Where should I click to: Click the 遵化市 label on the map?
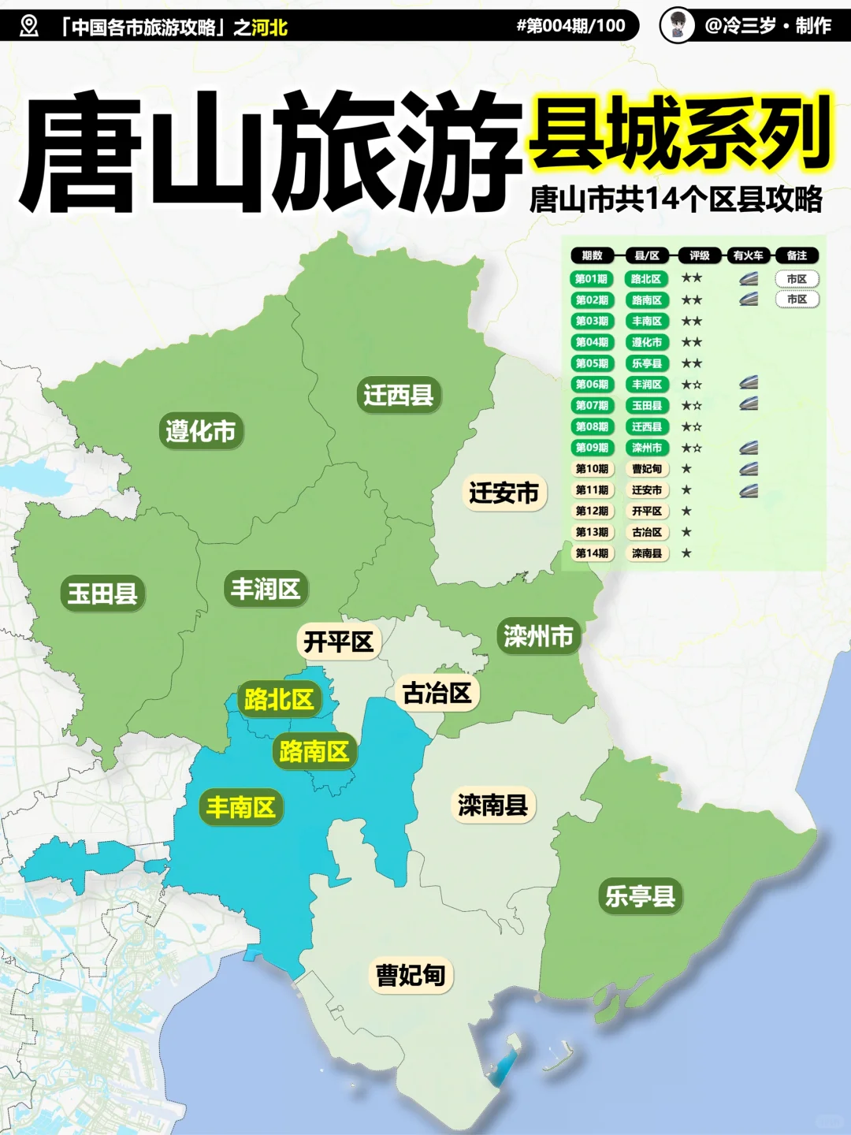click(x=200, y=431)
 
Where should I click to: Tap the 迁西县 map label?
click(x=398, y=395)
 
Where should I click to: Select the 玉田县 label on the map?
click(x=102, y=594)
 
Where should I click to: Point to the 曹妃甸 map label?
click(x=411, y=975)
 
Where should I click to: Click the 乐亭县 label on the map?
click(x=640, y=896)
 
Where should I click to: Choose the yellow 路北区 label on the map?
click(x=279, y=699)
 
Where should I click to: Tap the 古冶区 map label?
click(x=437, y=694)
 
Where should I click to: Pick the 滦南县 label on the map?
click(x=492, y=805)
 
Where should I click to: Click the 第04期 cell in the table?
click(x=592, y=342)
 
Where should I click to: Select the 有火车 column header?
click(x=748, y=255)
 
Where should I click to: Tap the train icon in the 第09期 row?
click(x=749, y=448)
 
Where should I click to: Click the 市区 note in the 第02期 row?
click(x=797, y=300)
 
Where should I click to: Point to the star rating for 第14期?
click(x=686, y=553)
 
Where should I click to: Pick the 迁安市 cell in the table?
click(x=646, y=490)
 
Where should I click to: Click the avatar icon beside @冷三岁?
click(x=677, y=26)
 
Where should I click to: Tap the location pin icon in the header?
click(x=29, y=26)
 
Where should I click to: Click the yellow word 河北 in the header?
click(x=269, y=28)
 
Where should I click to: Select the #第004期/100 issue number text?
click(x=570, y=26)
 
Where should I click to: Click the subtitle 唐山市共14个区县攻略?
click(x=675, y=199)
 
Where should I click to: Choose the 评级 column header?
click(x=699, y=255)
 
